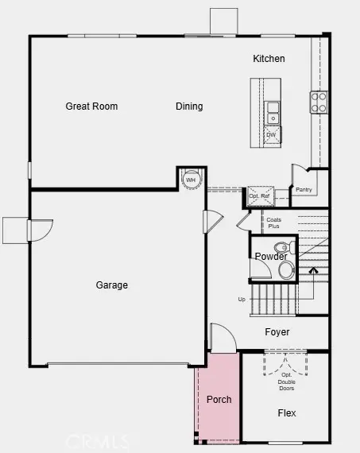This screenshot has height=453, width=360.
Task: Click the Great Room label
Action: coord(91,106)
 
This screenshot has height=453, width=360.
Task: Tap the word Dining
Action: coord(189,106)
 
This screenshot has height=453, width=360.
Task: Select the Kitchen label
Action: coord(269,59)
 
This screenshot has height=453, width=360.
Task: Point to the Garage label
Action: coord(111,285)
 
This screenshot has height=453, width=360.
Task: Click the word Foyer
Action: coord(277,332)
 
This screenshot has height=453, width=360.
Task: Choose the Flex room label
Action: coord(286,413)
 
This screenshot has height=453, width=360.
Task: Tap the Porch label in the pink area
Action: coord(219,399)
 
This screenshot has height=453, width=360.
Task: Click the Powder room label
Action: coord(271,256)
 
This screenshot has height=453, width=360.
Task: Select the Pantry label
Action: coord(304,190)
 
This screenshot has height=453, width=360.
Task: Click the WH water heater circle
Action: coord(191,180)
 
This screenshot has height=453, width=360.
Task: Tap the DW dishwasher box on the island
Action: coord(272,135)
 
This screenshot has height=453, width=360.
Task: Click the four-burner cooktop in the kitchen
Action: coord(319,101)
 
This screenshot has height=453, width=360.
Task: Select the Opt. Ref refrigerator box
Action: coord(260,196)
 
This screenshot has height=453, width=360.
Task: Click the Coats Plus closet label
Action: coord(273,223)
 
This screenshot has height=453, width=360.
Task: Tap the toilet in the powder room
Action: coord(286,269)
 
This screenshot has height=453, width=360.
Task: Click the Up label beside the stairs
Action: coord(242,300)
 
